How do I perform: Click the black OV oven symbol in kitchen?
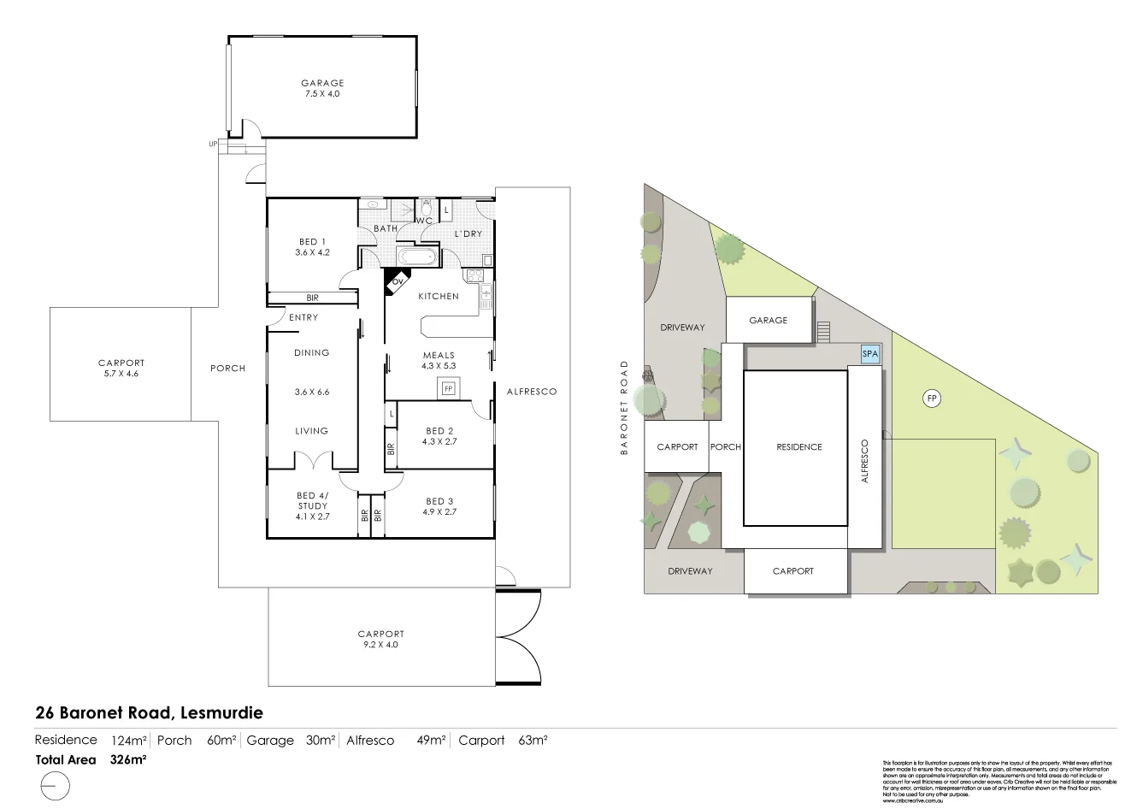[395, 281]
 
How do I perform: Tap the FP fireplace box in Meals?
[447, 389]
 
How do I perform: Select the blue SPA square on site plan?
[869, 354]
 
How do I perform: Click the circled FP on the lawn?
[932, 399]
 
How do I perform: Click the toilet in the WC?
[426, 208]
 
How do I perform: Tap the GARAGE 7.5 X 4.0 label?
[321, 88]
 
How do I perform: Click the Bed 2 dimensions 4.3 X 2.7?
[439, 442]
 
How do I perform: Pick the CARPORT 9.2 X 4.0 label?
[380, 640]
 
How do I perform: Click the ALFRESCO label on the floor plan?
[531, 392]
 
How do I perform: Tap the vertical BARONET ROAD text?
[625, 407]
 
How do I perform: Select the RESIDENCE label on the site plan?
[798, 446]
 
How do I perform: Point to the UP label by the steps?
[213, 144]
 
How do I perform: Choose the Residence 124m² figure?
[129, 741]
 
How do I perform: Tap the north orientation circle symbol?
[55, 785]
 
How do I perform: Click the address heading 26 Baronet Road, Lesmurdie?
[149, 712]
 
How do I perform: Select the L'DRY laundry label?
[468, 233]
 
